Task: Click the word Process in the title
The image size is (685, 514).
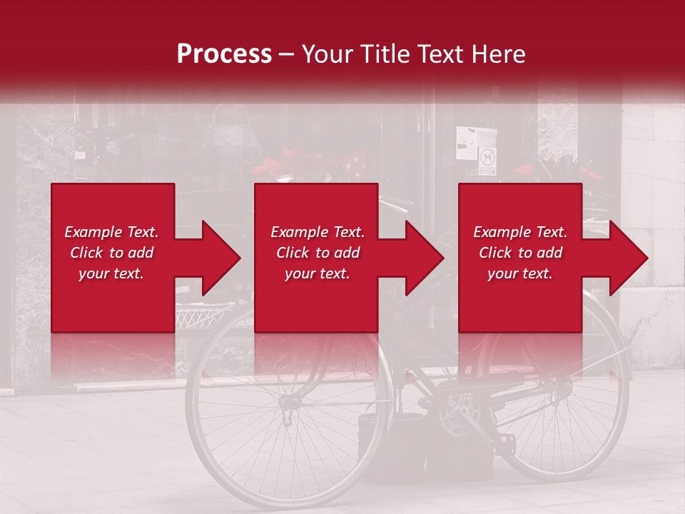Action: tap(224, 54)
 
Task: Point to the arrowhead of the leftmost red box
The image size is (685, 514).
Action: tap(220, 258)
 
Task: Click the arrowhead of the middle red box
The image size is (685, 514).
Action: tap(424, 258)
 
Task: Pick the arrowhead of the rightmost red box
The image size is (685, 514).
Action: tap(628, 258)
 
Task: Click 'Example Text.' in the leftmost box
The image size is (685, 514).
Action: tap(111, 232)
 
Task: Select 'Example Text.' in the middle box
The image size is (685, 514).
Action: tap(318, 232)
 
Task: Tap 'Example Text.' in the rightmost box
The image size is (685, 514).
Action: tap(520, 232)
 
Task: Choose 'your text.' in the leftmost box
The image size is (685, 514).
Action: tap(111, 273)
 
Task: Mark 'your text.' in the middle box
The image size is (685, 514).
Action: tap(318, 273)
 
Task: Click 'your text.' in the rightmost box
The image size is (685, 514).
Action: tap(520, 273)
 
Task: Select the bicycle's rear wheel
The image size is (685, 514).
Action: tap(557, 400)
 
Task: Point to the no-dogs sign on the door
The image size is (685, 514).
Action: tap(487, 161)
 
